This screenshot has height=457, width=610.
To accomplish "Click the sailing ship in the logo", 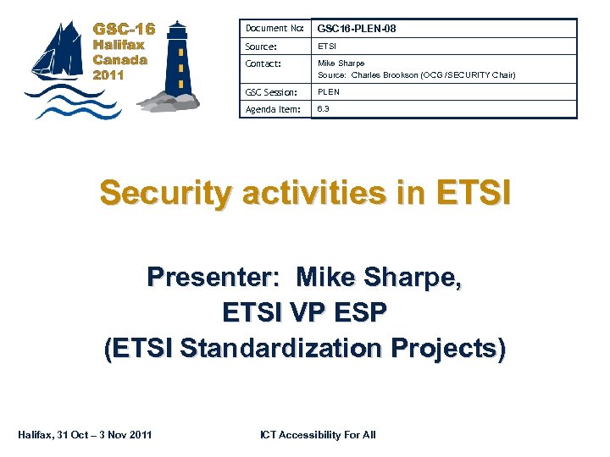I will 58,56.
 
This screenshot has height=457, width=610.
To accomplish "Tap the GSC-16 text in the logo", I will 124,28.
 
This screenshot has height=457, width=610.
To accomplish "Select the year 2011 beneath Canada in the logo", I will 108,75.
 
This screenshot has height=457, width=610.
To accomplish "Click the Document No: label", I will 274,29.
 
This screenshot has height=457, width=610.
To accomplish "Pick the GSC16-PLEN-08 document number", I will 357,29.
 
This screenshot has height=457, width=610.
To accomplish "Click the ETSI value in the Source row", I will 327,47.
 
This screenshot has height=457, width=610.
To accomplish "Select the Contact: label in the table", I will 263,63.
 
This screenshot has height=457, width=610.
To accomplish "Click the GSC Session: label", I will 271,91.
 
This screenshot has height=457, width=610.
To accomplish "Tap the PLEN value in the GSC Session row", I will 329,91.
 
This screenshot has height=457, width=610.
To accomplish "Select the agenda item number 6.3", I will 324,109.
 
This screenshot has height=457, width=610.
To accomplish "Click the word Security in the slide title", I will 164,194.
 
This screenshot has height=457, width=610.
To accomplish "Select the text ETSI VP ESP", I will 304,312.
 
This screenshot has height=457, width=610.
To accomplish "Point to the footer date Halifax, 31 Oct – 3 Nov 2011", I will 85,435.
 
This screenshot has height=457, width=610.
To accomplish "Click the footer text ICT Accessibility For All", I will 318,435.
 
